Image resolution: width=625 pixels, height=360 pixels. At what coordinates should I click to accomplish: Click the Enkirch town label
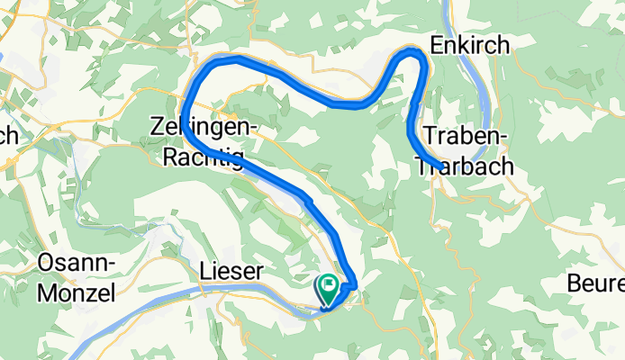coord(470,45)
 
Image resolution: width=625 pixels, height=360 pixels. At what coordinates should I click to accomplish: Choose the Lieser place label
coord(231,271)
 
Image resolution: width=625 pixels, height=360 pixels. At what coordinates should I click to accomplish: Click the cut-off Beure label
coord(595,284)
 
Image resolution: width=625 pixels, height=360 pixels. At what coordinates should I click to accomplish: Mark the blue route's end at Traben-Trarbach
coord(438,165)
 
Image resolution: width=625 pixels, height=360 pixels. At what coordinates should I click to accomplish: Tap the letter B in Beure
coord(574,284)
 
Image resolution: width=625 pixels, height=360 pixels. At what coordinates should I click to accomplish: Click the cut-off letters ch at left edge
coord(8,135)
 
